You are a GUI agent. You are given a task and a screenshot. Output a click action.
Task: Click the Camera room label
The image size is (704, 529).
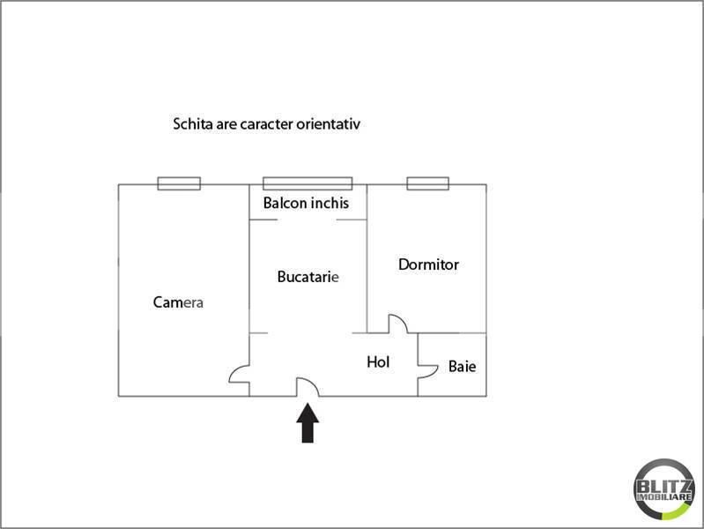pyautogui.click(x=178, y=302)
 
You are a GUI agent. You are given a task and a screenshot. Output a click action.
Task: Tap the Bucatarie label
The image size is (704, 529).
pyautogui.click(x=308, y=277)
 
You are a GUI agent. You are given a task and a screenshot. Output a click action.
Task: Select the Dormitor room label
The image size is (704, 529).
pyautogui.click(x=428, y=264)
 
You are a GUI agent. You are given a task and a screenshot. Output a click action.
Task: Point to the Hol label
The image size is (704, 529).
pyautogui.click(x=378, y=361)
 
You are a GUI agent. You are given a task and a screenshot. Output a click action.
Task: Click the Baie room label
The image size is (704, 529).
pyautogui.click(x=462, y=366)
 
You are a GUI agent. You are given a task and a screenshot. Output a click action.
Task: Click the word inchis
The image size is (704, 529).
pyautogui.click(x=330, y=203)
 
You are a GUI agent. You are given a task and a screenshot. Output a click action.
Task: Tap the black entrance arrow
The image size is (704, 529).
pyautogui.click(x=308, y=423)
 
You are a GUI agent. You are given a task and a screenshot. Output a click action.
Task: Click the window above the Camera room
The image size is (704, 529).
pyautogui.click(x=179, y=183)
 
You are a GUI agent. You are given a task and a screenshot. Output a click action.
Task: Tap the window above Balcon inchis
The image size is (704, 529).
pyautogui.click(x=308, y=183)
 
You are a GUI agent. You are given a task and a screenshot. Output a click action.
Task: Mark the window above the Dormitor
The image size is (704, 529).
pyautogui.click(x=428, y=183)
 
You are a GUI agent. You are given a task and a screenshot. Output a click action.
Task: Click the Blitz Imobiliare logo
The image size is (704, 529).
pyautogui.click(x=664, y=489)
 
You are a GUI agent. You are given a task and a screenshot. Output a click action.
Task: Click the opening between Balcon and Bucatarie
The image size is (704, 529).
pyautogui.click(x=308, y=220)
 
